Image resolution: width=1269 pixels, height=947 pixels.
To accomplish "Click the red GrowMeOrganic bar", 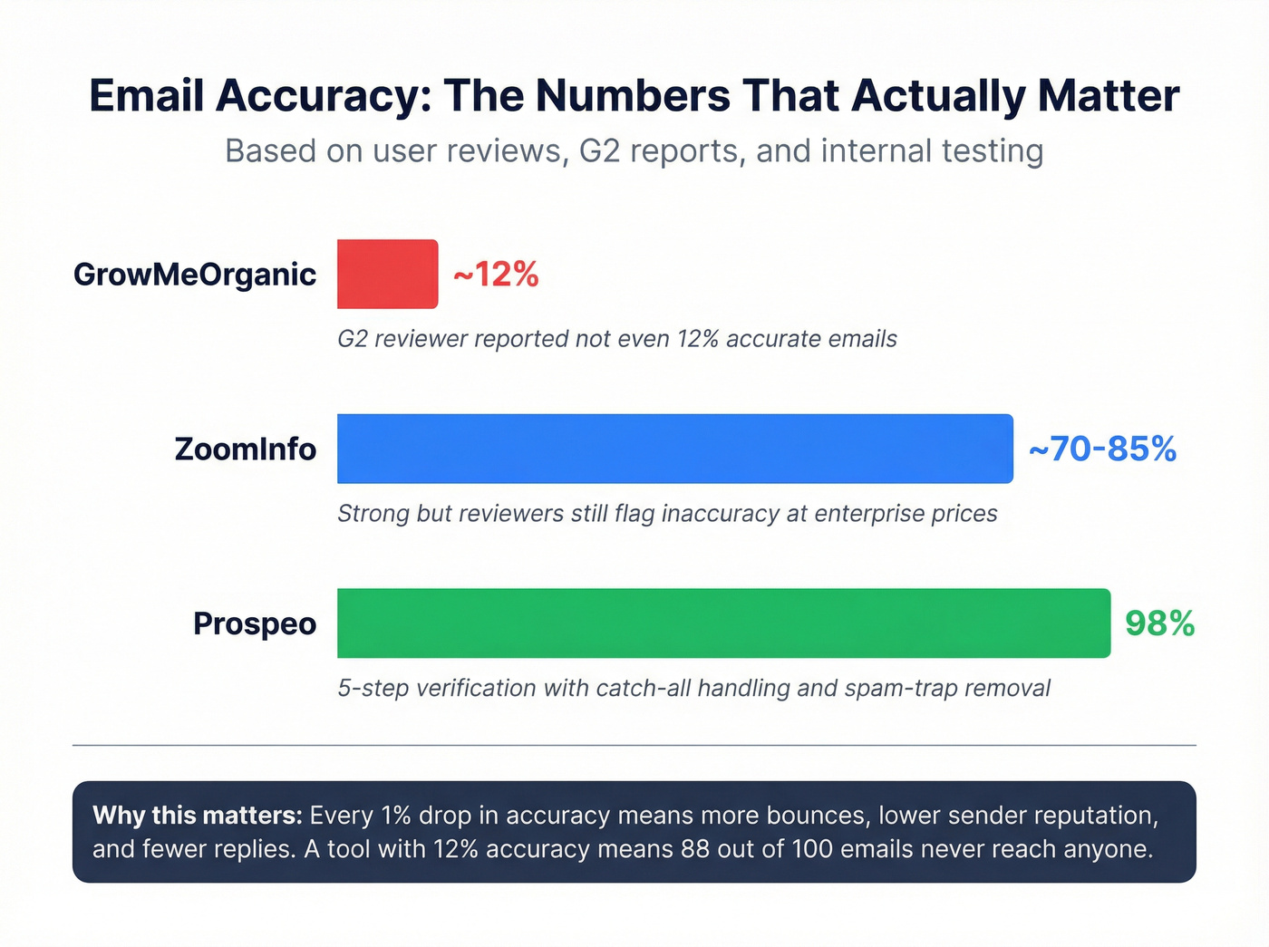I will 387,274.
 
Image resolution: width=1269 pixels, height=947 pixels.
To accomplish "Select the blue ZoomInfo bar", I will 674,449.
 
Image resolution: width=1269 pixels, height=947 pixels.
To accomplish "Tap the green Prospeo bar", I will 723,623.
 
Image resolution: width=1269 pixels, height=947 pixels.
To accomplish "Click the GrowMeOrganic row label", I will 195,275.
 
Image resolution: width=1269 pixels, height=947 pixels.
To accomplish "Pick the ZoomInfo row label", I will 245,449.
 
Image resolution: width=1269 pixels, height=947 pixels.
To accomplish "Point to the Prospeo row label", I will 255,624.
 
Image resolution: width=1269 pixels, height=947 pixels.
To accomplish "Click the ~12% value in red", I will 496,274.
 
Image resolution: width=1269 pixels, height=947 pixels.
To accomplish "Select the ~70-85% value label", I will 1102,449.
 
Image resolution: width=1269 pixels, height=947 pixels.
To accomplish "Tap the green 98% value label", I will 1159,623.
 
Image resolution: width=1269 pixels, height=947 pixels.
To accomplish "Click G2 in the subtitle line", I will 599,150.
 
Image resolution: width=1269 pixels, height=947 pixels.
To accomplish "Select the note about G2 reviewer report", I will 616,339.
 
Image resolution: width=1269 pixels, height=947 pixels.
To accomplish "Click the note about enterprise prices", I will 667,514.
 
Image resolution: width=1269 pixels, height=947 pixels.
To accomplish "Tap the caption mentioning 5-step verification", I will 693,689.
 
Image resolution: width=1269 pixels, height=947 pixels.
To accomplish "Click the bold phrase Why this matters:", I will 197,816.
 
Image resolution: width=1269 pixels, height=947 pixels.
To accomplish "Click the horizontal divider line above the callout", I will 634,746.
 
